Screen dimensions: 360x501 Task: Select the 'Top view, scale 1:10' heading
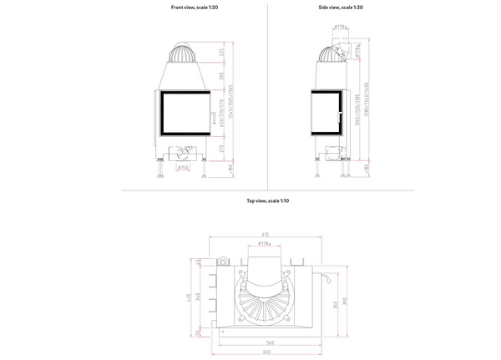267,201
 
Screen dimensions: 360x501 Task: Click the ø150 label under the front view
183,167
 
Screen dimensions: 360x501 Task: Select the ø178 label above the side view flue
342,27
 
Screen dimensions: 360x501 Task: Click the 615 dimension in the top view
264,235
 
